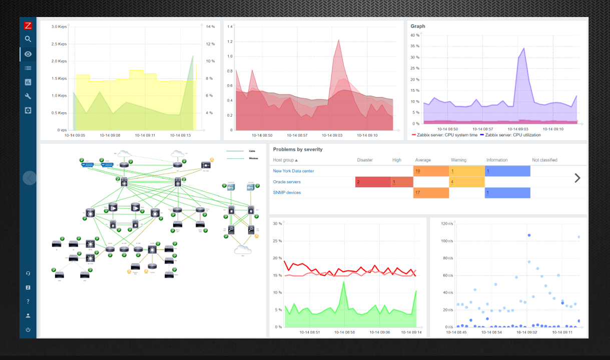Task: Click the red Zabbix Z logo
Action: pos(28,26)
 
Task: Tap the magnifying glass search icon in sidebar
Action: pos(28,39)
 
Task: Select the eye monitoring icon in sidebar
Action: pos(28,54)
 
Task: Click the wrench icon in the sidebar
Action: pos(28,96)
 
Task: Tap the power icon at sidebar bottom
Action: pos(28,330)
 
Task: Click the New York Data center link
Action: pos(293,171)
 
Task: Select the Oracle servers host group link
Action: pos(287,182)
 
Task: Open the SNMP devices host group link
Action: pos(287,193)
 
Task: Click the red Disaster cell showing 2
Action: pos(372,182)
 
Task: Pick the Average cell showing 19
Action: pos(431,171)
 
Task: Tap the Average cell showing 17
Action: pos(431,193)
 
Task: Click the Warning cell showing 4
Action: pos(467,182)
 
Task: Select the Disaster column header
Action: pos(365,160)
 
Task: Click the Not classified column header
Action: pos(544,160)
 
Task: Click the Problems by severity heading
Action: pos(298,149)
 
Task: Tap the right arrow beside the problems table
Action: pos(577,178)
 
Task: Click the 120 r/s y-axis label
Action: pos(446,224)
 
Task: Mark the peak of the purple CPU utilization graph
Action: pos(523,49)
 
